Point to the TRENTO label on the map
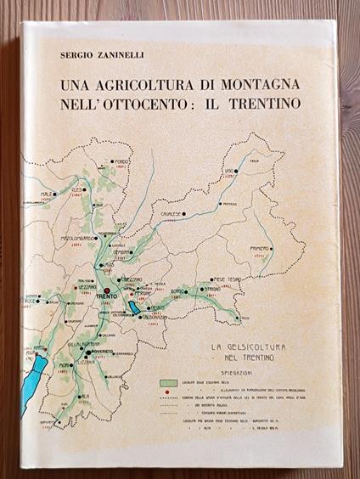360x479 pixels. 108,296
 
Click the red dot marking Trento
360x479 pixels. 106,289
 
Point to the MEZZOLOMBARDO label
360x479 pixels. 76,239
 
